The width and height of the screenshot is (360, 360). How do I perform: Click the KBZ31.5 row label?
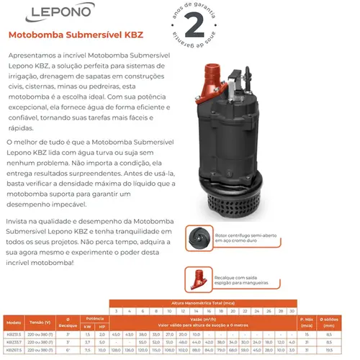pos(13,335)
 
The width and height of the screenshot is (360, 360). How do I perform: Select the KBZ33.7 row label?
pos(13,343)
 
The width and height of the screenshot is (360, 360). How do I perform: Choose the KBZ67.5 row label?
pos(13,351)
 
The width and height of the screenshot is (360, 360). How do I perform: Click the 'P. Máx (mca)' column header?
pos(307,320)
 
